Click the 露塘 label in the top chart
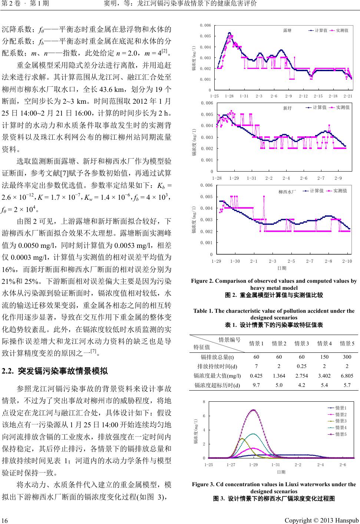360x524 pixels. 287,30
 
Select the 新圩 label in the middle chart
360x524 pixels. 287,108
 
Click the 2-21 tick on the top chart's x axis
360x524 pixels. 348,96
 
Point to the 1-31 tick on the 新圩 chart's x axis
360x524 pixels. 252,178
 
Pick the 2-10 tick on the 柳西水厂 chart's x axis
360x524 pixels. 347,261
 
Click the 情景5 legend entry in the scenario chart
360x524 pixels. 340,434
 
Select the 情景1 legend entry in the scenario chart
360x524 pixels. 340,408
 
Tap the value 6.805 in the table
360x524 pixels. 347,376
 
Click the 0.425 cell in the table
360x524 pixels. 257,376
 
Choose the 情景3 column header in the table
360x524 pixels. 302,344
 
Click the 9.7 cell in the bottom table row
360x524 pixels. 257,385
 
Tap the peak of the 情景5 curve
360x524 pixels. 254,410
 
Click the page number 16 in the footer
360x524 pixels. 5,520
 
